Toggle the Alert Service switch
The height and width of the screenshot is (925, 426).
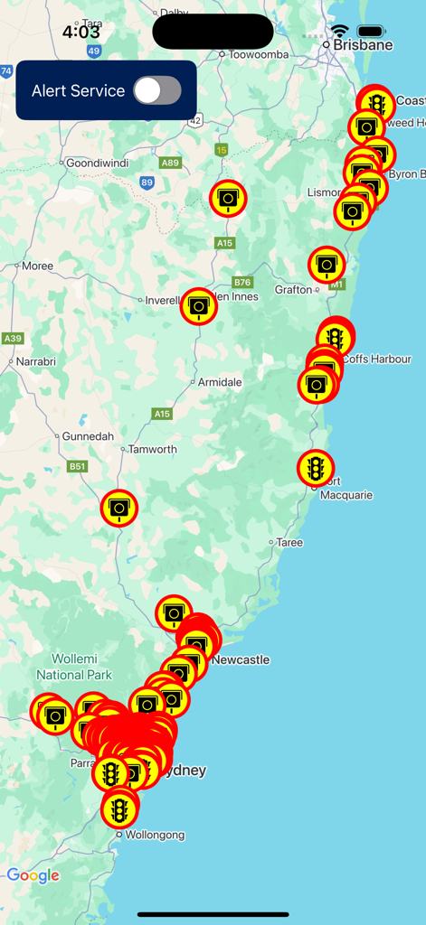tap(157, 90)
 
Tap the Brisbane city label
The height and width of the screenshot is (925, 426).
tap(363, 44)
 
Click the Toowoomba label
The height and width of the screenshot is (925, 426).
tap(259, 54)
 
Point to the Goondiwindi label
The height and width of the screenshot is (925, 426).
tap(98, 163)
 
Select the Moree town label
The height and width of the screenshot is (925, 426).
tap(37, 266)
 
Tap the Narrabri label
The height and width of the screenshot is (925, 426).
tap(36, 361)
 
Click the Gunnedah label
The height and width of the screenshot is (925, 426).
tap(88, 436)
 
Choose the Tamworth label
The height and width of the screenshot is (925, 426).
tap(152, 449)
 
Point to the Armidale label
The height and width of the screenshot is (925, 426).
tap(220, 382)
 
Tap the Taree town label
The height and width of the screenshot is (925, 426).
tap(289, 542)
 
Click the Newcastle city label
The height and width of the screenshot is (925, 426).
tap(241, 659)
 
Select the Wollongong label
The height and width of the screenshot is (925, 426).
tap(153, 836)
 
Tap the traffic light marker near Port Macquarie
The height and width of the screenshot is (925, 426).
tap(316, 468)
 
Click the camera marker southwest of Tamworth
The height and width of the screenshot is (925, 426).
tap(118, 508)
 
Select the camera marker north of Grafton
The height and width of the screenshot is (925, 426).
tap(327, 265)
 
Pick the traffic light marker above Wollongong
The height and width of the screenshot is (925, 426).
tap(119, 808)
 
